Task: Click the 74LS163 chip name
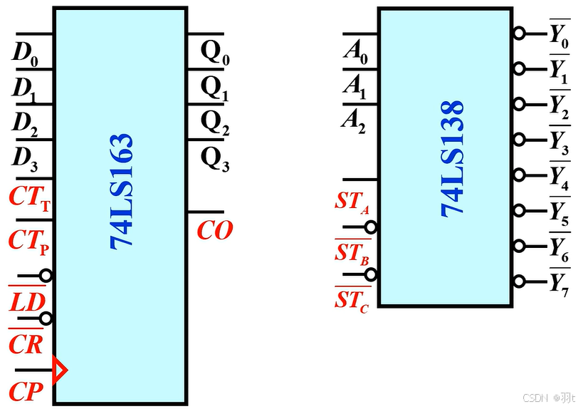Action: (122, 190)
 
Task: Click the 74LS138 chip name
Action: (452, 157)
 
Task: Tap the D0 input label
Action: (25, 53)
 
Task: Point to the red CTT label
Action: (29, 198)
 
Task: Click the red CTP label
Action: (29, 241)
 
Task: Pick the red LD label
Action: (27, 302)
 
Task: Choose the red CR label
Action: (26, 344)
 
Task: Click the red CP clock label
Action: (26, 391)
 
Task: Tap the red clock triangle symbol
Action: (60, 371)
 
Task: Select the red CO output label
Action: (214, 231)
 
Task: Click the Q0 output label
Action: (215, 53)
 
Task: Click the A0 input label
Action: (355, 52)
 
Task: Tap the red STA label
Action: (352, 202)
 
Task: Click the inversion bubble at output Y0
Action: (520, 33)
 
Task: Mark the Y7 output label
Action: (559, 284)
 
